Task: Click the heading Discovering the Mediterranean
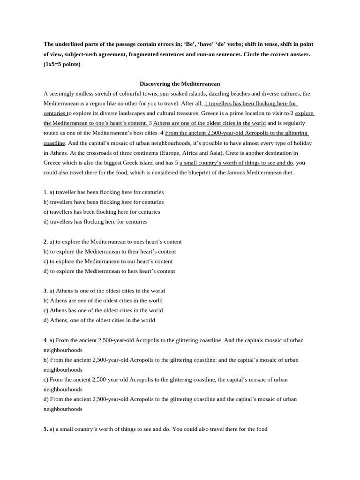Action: (180, 83)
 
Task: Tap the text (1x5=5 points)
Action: (62, 64)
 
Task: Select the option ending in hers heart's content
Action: (109, 271)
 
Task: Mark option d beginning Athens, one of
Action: (99, 320)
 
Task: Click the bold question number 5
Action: (46, 429)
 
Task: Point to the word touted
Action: (52, 133)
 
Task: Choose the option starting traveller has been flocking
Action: (106, 192)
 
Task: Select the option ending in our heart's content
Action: (108, 261)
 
